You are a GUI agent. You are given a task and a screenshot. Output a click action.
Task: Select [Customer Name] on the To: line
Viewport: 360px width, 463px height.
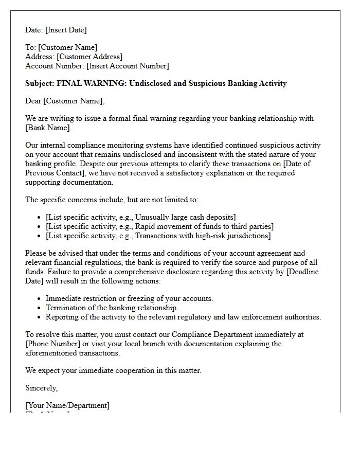(x=67, y=47)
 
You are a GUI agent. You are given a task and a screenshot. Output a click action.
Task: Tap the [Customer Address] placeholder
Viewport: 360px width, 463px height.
(x=89, y=57)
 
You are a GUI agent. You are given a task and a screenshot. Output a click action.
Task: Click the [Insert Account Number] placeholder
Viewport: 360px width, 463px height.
(x=128, y=66)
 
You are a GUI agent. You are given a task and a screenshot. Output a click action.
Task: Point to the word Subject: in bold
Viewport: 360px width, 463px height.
(x=40, y=83)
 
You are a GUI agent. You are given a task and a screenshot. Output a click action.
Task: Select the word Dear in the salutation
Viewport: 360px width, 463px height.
(x=33, y=101)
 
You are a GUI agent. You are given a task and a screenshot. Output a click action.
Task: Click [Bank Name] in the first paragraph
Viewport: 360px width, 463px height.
(x=48, y=128)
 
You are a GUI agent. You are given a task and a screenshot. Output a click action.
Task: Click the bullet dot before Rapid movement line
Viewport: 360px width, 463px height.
(x=40, y=226)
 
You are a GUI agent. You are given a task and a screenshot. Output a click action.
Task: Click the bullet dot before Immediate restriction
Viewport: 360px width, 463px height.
(x=40, y=298)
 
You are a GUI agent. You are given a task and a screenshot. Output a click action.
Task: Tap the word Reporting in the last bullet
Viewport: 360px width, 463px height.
(x=62, y=317)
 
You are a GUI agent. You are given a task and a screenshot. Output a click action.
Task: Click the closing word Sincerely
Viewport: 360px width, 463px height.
(x=41, y=388)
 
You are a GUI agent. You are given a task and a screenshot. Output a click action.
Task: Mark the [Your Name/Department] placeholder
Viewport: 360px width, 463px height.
(x=67, y=405)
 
